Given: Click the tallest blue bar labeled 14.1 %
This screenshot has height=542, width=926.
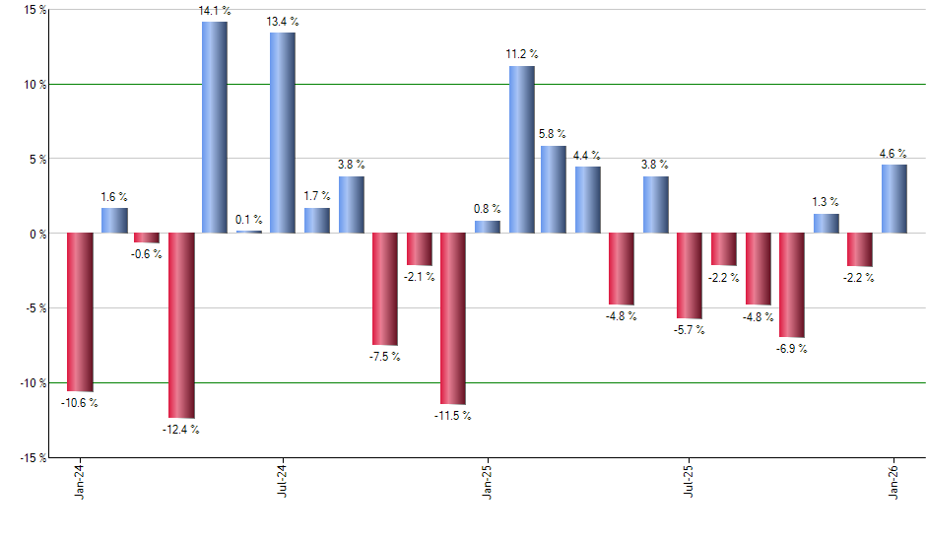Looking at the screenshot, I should tap(215, 127).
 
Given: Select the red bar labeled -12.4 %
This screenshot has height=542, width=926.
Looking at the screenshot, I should tap(181, 325).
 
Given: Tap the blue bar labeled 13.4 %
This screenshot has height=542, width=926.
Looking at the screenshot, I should tap(283, 133).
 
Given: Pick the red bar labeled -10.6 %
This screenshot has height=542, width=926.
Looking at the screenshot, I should tap(80, 312).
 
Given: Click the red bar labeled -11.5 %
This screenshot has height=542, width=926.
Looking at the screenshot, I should tap(453, 318).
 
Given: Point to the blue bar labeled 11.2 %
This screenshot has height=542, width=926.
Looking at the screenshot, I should tap(521, 150).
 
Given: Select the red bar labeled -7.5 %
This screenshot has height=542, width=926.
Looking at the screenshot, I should tap(385, 289).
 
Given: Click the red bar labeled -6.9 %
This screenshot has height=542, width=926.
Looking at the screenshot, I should tap(792, 285).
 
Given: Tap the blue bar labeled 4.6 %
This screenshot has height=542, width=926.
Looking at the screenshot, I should tap(894, 199).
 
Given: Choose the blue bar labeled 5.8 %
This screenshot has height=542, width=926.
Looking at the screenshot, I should tap(555, 189).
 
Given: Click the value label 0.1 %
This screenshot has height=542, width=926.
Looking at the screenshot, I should tap(249, 219).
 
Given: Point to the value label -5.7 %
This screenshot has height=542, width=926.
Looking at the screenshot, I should tap(690, 330).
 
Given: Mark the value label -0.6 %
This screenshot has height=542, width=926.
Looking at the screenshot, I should tap(146, 254).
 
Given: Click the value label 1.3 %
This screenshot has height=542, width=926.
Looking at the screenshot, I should tap(826, 202).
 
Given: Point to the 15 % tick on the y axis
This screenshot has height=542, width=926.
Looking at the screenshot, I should tap(35, 10).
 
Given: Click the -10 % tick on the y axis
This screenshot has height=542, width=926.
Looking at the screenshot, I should tap(33, 382).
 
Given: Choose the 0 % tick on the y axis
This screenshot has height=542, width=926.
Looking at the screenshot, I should tap(38, 234).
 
